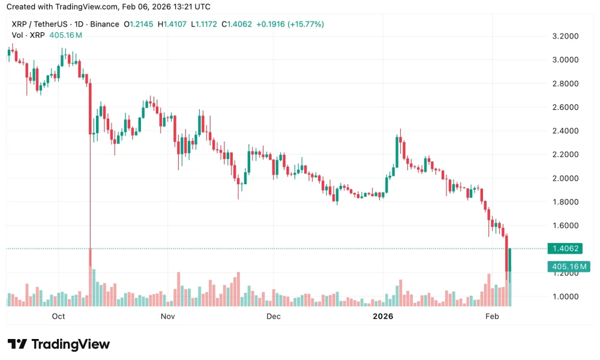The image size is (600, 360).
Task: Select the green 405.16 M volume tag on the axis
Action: point(568,266)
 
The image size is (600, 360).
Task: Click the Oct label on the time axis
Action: point(58,316)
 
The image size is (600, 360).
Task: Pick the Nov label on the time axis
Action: point(167,316)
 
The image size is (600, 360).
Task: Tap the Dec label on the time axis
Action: point(274,316)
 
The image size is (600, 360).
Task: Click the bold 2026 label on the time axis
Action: point(383,316)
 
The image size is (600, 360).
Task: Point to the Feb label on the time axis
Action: point(492,316)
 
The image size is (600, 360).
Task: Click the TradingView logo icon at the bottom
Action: point(17,344)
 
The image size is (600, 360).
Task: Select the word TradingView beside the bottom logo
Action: point(70,344)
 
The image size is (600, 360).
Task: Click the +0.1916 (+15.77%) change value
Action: point(290,25)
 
